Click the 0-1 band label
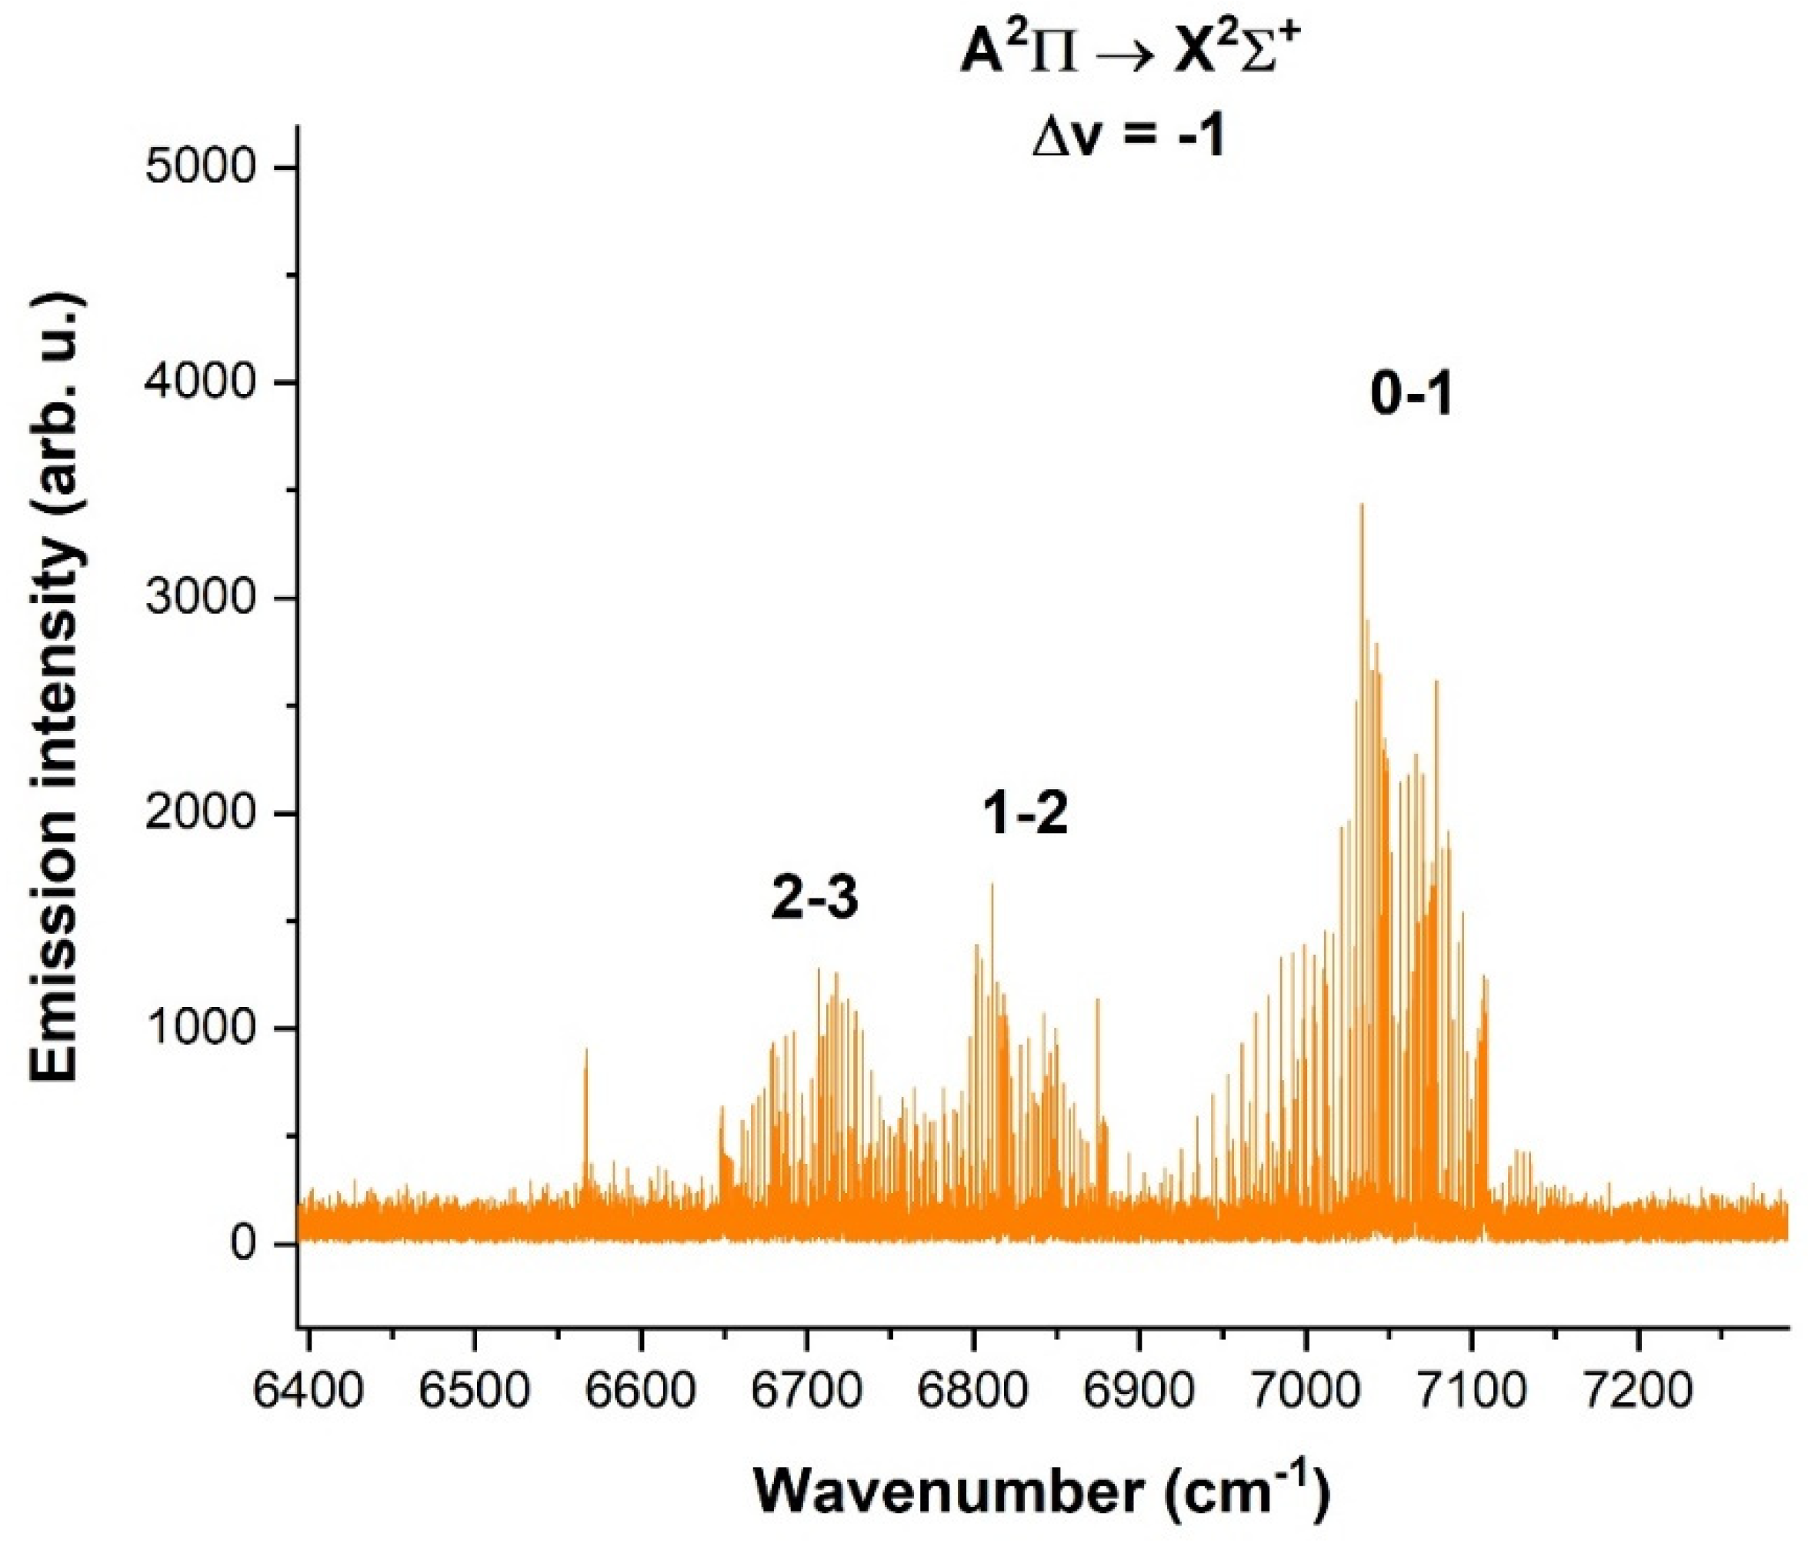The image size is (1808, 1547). [x=1411, y=397]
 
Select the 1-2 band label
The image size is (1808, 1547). [x=1026, y=814]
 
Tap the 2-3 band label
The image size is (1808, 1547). [x=815, y=899]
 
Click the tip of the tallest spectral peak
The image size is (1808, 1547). [x=1361, y=505]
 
